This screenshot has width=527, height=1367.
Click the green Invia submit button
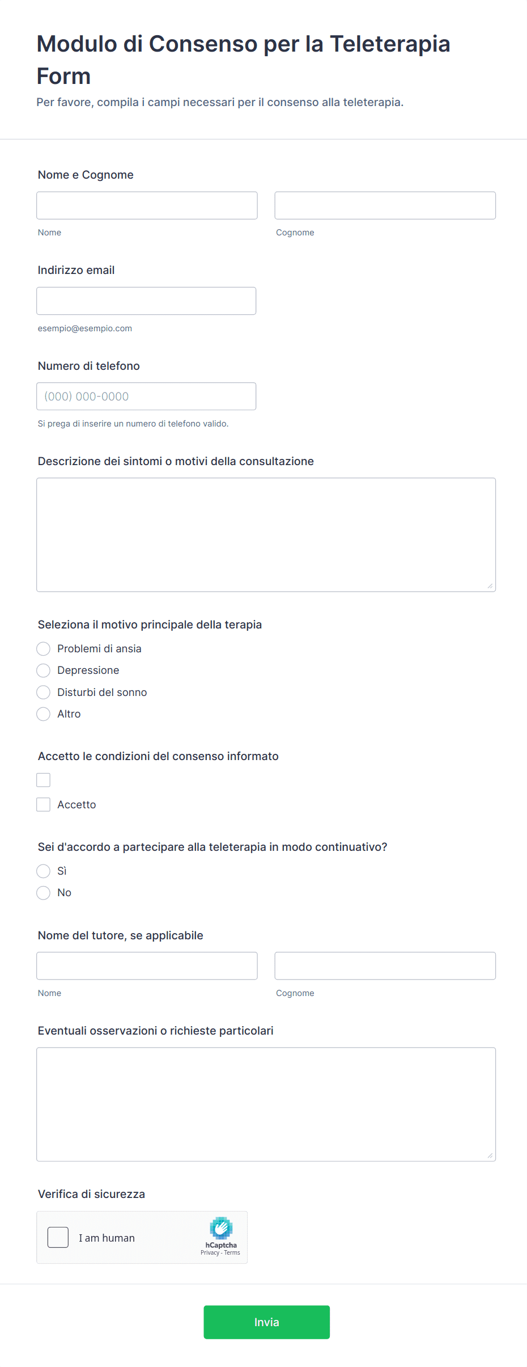pyautogui.click(x=266, y=1322)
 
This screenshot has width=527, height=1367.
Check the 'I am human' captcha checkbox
pyautogui.click(x=58, y=1237)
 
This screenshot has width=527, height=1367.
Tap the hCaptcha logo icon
pyautogui.click(x=221, y=1227)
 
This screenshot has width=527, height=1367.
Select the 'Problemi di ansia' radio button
pyautogui.click(x=44, y=648)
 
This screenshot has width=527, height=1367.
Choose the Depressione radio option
pyautogui.click(x=44, y=670)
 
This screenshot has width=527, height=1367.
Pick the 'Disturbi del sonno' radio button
pyautogui.click(x=44, y=692)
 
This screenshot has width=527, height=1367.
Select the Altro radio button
pyautogui.click(x=44, y=714)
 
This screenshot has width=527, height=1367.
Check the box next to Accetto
pyautogui.click(x=44, y=804)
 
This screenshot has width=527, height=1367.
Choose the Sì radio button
pyautogui.click(x=44, y=871)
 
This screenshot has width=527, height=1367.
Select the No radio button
pyautogui.click(x=44, y=893)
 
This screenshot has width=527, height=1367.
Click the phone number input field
pyautogui.click(x=146, y=396)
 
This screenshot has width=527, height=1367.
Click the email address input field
pyautogui.click(x=146, y=301)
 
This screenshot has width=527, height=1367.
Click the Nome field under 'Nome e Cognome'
pyautogui.click(x=147, y=205)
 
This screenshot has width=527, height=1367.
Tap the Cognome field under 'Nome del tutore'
pyautogui.click(x=385, y=965)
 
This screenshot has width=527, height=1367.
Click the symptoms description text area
pyautogui.click(x=266, y=534)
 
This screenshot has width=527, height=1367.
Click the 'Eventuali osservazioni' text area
pyautogui.click(x=266, y=1104)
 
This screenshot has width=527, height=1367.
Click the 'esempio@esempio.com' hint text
pyautogui.click(x=85, y=328)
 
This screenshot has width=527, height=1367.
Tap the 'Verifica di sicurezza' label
pyautogui.click(x=91, y=1194)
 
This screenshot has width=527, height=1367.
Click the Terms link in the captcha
pyautogui.click(x=232, y=1252)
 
